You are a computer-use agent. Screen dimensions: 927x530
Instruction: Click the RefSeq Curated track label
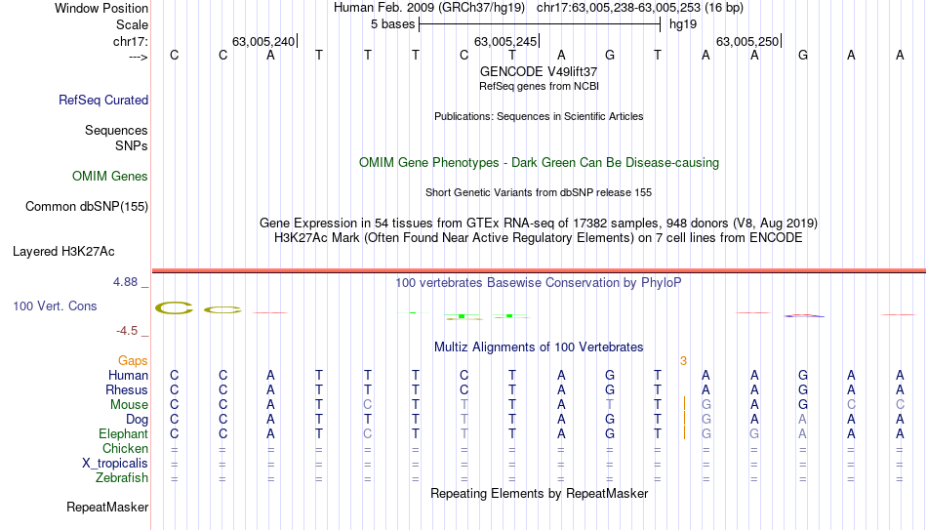tap(103, 100)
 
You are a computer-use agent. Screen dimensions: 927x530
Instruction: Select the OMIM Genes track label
tap(110, 177)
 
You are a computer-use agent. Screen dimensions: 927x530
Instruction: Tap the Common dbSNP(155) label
tap(87, 207)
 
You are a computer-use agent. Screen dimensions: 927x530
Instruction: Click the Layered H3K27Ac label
tap(63, 252)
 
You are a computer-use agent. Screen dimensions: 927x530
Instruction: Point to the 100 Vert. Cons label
tap(55, 306)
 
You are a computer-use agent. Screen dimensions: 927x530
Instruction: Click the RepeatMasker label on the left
tap(107, 507)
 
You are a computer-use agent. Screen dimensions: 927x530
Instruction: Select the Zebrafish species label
tap(122, 477)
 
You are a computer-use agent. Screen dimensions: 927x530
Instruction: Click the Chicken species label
tap(125, 448)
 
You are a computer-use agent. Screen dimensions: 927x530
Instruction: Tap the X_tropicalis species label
tap(115, 464)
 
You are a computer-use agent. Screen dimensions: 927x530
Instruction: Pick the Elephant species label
tap(123, 433)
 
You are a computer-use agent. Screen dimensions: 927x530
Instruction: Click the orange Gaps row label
tap(133, 361)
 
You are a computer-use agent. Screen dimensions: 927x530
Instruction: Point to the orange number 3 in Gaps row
tap(683, 361)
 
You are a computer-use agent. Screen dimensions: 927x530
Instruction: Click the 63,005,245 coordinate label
tap(505, 41)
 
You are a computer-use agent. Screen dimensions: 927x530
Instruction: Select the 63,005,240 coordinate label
tap(263, 41)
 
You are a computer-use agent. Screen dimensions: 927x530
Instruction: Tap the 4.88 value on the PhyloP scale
tap(125, 282)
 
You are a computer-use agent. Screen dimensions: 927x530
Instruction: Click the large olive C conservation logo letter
tap(175, 307)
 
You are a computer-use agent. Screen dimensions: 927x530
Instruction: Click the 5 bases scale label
tap(392, 24)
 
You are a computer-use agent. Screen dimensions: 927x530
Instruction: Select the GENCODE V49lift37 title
tap(539, 71)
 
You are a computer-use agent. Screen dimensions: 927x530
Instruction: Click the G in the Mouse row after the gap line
tap(705, 405)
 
